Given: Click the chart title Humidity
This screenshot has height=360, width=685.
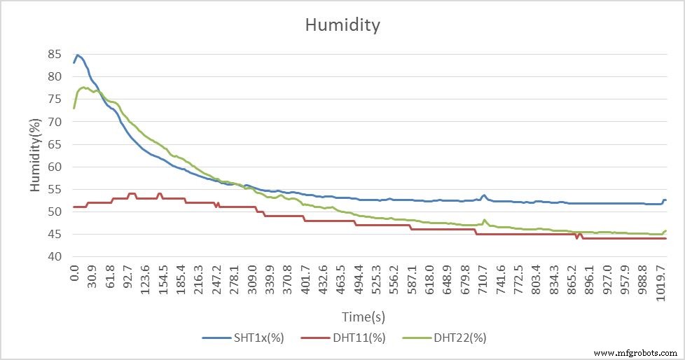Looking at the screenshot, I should click(342, 25).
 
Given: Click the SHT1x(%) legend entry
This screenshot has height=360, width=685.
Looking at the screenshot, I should click(242, 338).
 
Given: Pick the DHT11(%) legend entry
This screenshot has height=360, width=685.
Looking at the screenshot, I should click(343, 338).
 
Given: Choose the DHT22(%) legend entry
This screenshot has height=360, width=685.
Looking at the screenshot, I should click(444, 338).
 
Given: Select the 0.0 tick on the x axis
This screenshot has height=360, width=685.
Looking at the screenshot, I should click(74, 277).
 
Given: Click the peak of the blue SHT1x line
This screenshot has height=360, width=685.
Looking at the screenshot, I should click(77, 55).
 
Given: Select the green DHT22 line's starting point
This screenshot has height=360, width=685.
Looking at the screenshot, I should click(74, 108).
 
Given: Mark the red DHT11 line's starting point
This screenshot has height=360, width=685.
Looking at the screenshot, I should click(74, 207).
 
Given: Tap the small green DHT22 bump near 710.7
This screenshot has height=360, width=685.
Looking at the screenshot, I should click(485, 220).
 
